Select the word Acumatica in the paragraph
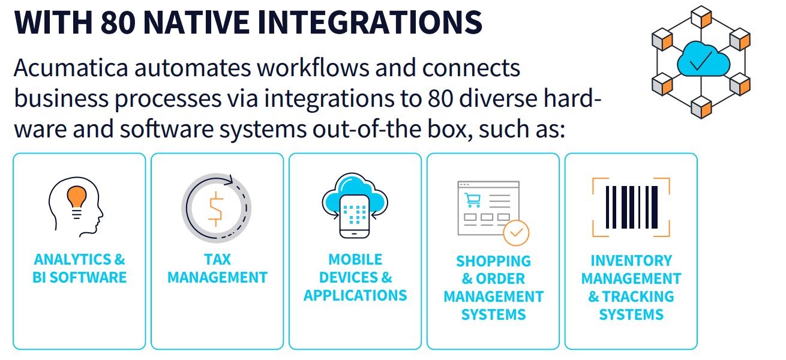pyautogui.click(x=70, y=68)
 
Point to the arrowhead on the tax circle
pyautogui.click(x=229, y=179)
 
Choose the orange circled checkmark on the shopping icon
pyautogui.click(x=516, y=233)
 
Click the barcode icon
pyautogui.click(x=631, y=207)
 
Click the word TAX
pyautogui.click(x=217, y=260)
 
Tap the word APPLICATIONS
pyautogui.click(x=355, y=296)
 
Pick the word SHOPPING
pyautogui.click(x=493, y=262)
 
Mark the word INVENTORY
pyautogui.click(x=631, y=261)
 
